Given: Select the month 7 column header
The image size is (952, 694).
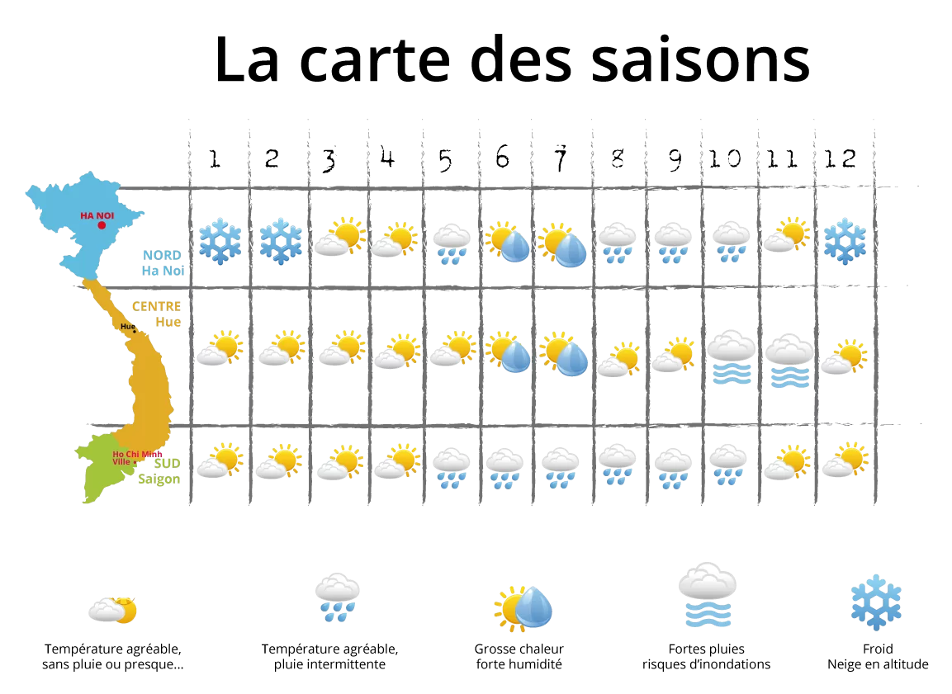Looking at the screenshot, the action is pyautogui.click(x=561, y=158).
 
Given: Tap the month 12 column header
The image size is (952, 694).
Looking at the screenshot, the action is pyautogui.click(x=841, y=159).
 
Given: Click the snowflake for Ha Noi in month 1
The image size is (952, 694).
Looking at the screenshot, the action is pyautogui.click(x=220, y=242).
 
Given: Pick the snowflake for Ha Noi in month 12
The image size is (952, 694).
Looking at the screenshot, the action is pyautogui.click(x=845, y=242).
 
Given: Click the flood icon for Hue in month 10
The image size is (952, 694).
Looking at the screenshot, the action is pyautogui.click(x=732, y=357).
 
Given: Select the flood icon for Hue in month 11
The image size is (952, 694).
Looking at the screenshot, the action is pyautogui.click(x=789, y=361).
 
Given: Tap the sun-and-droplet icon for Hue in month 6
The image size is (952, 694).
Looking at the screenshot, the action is pyautogui.click(x=508, y=352).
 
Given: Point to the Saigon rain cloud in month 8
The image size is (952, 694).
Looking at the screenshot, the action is pyautogui.click(x=618, y=465).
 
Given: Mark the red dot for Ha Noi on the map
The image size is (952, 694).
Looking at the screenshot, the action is pyautogui.click(x=102, y=225).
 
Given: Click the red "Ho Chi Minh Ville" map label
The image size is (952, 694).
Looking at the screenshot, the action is pyautogui.click(x=136, y=457).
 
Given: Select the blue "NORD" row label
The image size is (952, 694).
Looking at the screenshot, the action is pyautogui.click(x=162, y=255).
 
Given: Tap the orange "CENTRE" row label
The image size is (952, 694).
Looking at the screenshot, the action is pyautogui.click(x=157, y=306).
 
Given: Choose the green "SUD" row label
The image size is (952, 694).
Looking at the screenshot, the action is pyautogui.click(x=167, y=464).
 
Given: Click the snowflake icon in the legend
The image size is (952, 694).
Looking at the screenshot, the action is pyautogui.click(x=876, y=602).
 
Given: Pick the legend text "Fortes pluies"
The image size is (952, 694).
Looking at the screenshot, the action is pyautogui.click(x=706, y=649).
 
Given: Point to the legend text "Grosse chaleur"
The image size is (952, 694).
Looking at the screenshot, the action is pyautogui.click(x=519, y=649).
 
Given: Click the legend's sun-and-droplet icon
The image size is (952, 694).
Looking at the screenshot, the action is pyautogui.click(x=523, y=608).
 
